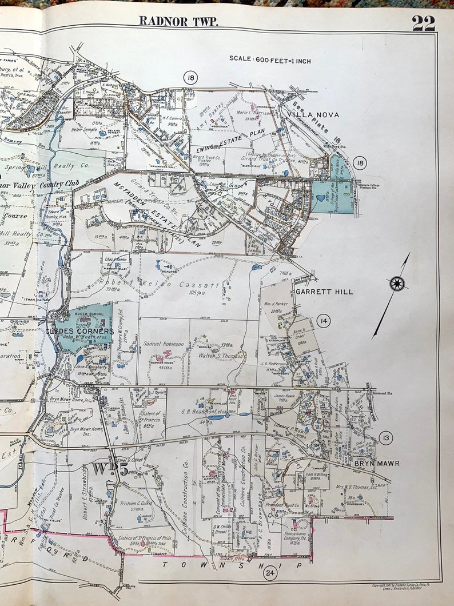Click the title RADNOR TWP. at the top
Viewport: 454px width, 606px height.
(x=178, y=21)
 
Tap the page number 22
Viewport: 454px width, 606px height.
(x=423, y=23)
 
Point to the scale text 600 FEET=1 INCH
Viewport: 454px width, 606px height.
(x=270, y=59)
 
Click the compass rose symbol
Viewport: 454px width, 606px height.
(x=396, y=283)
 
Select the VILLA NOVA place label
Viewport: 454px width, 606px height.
(x=313, y=115)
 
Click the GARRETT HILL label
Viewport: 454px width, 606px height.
(x=324, y=292)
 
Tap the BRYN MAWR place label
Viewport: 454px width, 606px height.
(x=376, y=463)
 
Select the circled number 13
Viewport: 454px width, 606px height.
(x=385, y=438)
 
